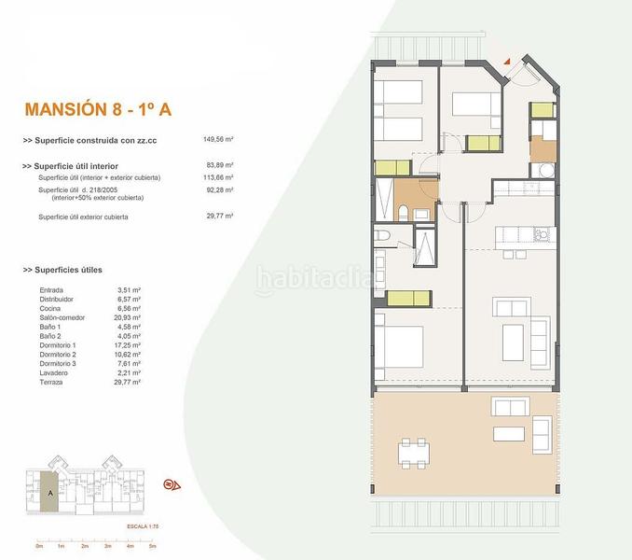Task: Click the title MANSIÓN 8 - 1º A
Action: [98, 109]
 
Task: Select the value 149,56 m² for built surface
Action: [218, 140]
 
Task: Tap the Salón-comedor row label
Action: [63, 317]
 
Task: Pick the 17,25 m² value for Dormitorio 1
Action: [129, 345]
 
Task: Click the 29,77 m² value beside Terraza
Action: [129, 382]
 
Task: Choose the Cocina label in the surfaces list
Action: [50, 308]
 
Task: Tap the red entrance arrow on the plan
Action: [507, 60]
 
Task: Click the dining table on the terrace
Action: [417, 454]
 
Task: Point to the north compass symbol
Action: [172, 483]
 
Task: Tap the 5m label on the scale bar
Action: [151, 546]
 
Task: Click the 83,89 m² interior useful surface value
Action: [218, 166]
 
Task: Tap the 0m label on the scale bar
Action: [39, 546]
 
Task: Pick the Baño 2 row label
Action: [51, 336]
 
